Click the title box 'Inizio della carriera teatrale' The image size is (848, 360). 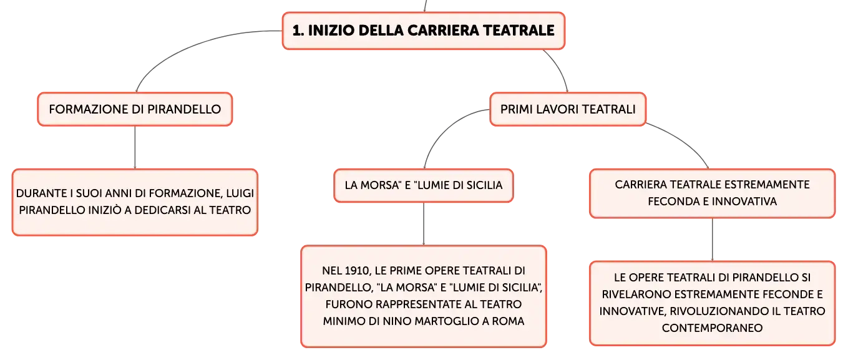tap(424, 31)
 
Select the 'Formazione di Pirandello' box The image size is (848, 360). tap(135, 109)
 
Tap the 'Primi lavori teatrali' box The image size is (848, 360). tap(568, 109)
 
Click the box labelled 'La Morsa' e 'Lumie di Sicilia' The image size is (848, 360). tap(424, 185)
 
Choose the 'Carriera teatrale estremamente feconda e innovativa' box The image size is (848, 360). tap(712, 193)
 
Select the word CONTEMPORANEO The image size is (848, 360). tap(712, 328)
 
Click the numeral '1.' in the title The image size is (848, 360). tap(298, 31)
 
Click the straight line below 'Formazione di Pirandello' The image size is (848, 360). tap(135, 147)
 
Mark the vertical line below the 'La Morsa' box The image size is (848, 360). tap(424, 224)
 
